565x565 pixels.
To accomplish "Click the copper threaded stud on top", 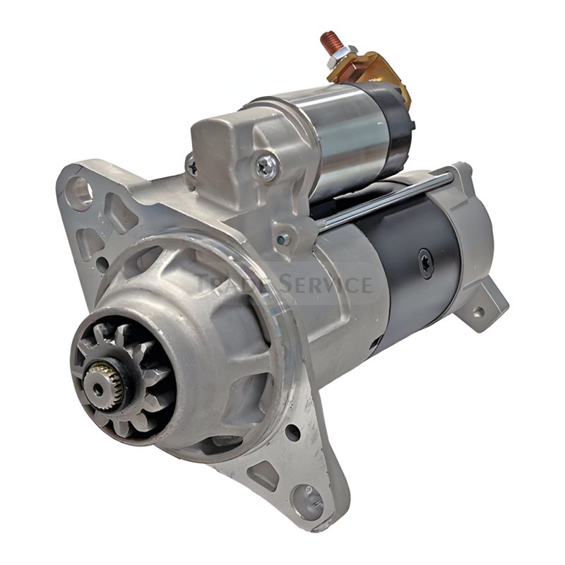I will [x=329, y=42].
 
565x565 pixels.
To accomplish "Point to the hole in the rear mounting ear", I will [x=478, y=311].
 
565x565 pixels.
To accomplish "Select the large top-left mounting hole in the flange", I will [x=80, y=189].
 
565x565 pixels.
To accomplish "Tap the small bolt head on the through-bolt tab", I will [x=283, y=239].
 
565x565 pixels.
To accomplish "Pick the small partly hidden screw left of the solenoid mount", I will [x=191, y=167].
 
